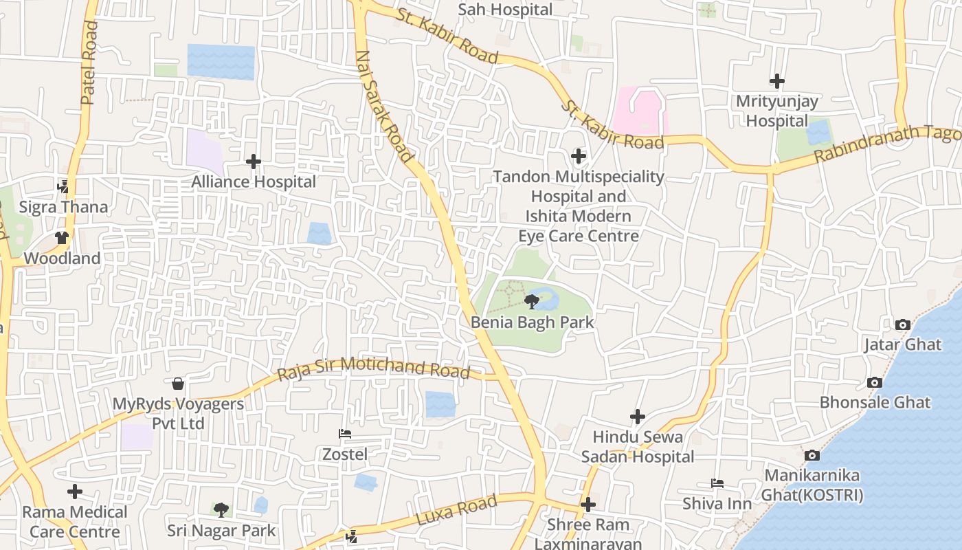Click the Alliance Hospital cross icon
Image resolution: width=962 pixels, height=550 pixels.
pos(254,162)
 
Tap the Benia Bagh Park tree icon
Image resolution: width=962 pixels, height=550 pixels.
pos(531,301)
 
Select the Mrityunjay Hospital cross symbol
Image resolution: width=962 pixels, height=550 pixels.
pos(777,82)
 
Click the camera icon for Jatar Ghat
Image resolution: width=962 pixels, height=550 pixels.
pos(903,324)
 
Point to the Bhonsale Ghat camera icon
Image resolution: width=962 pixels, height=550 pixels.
pos(875,383)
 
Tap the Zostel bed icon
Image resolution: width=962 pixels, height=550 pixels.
pos(345,434)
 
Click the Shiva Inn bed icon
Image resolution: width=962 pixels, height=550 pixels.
pos(717,483)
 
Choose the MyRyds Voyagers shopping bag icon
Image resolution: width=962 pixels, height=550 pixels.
pos(178,384)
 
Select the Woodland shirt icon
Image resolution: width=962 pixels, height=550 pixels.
pos(62,238)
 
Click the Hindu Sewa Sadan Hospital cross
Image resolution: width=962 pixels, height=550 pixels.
pos(638,417)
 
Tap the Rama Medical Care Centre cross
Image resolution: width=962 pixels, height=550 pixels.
pos(75,492)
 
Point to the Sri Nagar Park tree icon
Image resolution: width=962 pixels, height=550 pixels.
pos(221,509)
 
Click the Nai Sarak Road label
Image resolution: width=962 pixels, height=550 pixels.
pos(385,107)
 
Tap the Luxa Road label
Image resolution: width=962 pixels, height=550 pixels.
pos(456,512)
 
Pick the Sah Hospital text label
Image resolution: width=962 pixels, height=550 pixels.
pos(505,10)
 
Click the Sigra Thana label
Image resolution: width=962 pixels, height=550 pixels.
pos(63,207)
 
